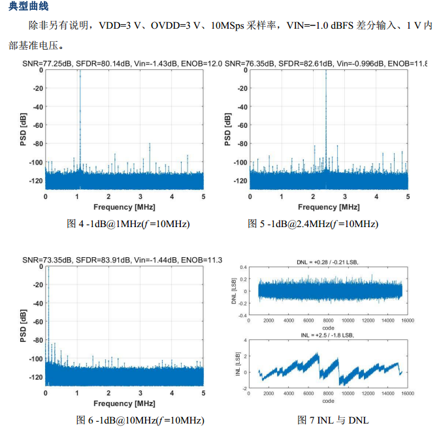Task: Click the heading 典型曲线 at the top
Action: tap(30, 7)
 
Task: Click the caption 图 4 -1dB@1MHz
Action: tap(128, 224)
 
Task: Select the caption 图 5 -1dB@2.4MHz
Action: tap(313, 224)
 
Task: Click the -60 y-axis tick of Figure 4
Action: tap(38, 125)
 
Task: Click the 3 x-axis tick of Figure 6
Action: tap(140, 394)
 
